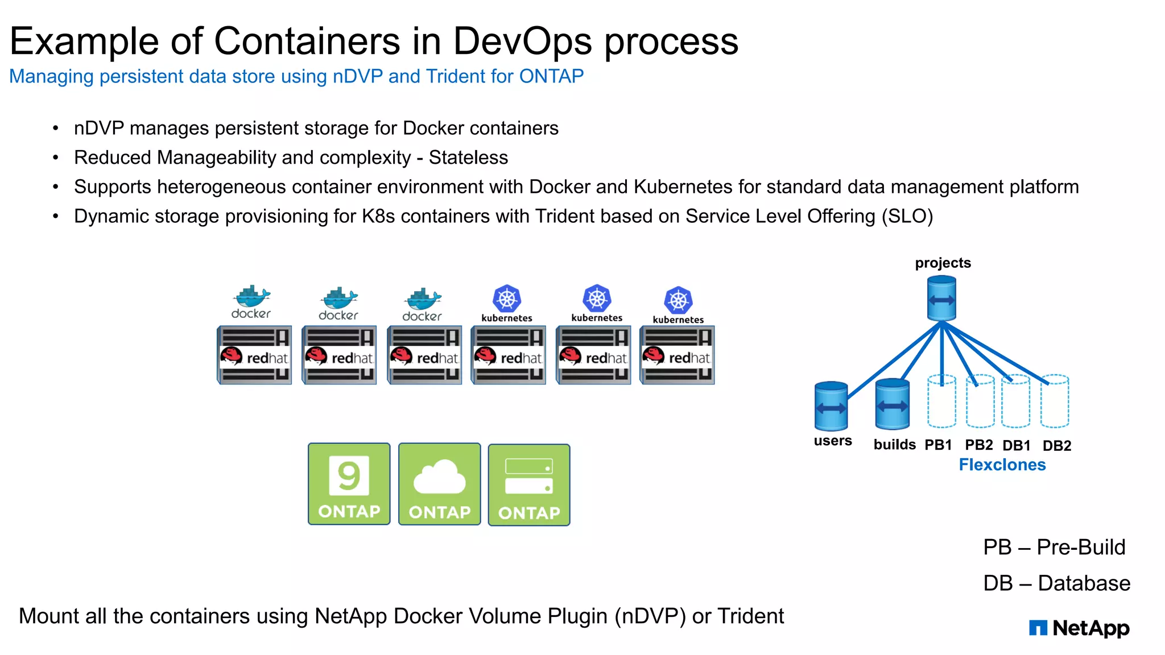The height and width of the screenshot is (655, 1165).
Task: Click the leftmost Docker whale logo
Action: click(251, 297)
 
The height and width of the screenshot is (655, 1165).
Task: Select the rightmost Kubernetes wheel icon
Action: click(678, 300)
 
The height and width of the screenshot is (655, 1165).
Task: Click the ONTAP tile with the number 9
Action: click(349, 484)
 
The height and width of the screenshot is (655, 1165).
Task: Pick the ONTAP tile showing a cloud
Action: click(439, 484)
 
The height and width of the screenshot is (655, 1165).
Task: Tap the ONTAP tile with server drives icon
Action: click(529, 485)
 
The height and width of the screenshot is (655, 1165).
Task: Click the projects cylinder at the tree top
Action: click(941, 299)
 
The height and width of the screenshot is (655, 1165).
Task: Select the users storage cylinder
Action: click(831, 407)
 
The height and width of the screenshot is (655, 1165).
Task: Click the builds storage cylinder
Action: click(892, 404)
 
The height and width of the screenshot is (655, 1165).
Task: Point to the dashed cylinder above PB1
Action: click(941, 401)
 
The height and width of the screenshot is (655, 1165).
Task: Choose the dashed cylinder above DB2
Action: click(1055, 401)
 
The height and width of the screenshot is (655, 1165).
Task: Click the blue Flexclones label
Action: click(1002, 465)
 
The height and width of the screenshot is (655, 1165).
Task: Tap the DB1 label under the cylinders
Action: click(1017, 446)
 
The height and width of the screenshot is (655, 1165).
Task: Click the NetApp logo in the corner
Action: click(1079, 628)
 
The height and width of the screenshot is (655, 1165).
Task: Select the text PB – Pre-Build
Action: click(1054, 547)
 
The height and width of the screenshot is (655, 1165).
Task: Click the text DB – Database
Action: click(1056, 583)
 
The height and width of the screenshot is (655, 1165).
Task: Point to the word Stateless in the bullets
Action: click(468, 157)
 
